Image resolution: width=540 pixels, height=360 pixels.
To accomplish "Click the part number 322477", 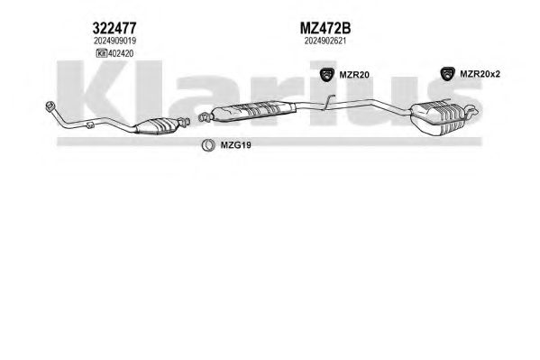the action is pos(114,28).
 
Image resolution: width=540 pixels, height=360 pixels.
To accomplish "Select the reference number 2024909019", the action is pos(114,41).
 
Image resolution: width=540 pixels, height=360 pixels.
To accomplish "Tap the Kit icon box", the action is pos(101,53).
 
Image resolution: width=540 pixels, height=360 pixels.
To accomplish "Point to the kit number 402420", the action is pos(121,53).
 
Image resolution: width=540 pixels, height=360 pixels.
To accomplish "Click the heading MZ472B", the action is pos(325,28).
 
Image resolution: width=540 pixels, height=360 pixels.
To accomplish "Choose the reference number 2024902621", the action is pos(325,41).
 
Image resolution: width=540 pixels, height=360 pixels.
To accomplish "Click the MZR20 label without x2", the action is pos(354,75).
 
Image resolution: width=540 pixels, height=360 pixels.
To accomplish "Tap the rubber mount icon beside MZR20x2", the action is pos(447,74).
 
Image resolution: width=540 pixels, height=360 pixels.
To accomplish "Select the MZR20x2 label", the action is pos(480,74).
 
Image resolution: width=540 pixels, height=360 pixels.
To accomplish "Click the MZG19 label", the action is pos(235,145).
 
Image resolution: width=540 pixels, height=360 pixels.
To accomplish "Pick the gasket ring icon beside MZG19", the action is pos(208,145).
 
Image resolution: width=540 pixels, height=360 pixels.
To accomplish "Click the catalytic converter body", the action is pos(157,125).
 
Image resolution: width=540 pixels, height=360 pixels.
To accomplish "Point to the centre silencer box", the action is pos(253,110).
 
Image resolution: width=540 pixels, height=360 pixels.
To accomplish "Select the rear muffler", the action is pos(438,118).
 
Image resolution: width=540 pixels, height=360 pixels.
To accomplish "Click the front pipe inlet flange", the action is pos(50,106).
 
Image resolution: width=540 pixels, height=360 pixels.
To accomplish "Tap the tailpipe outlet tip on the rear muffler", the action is pos(473,110).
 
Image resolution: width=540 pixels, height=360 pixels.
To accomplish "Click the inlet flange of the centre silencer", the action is pos(205,117).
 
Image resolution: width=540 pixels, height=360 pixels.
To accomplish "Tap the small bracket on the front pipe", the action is pos(90,125).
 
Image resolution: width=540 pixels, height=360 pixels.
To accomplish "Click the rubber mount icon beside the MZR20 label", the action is pos(327,75).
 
